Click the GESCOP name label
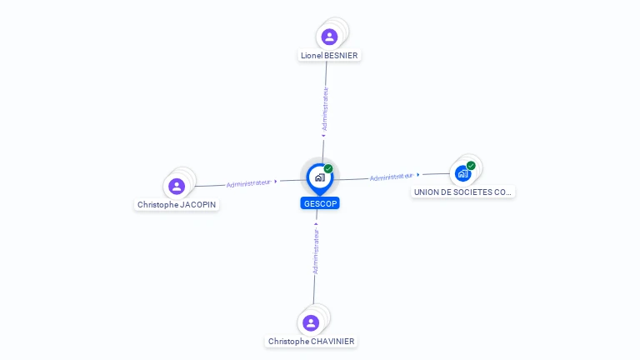coord(320,203)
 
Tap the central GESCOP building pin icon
coord(319,177)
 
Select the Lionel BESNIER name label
coord(329,56)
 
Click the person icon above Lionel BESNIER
coord(329,37)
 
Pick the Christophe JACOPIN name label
coord(177,204)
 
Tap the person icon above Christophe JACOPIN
coord(176,186)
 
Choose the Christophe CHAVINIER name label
coord(311,341)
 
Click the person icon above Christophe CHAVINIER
coord(311,322)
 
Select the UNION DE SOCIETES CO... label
coord(462,192)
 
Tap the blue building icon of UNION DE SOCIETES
coord(462,174)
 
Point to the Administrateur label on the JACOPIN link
coord(248,182)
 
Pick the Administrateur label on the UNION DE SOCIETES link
coord(392,177)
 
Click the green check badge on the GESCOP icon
coord(328,169)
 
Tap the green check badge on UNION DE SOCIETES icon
coord(471,166)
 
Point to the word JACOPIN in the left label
coord(197,204)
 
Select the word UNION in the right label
coord(427,192)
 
